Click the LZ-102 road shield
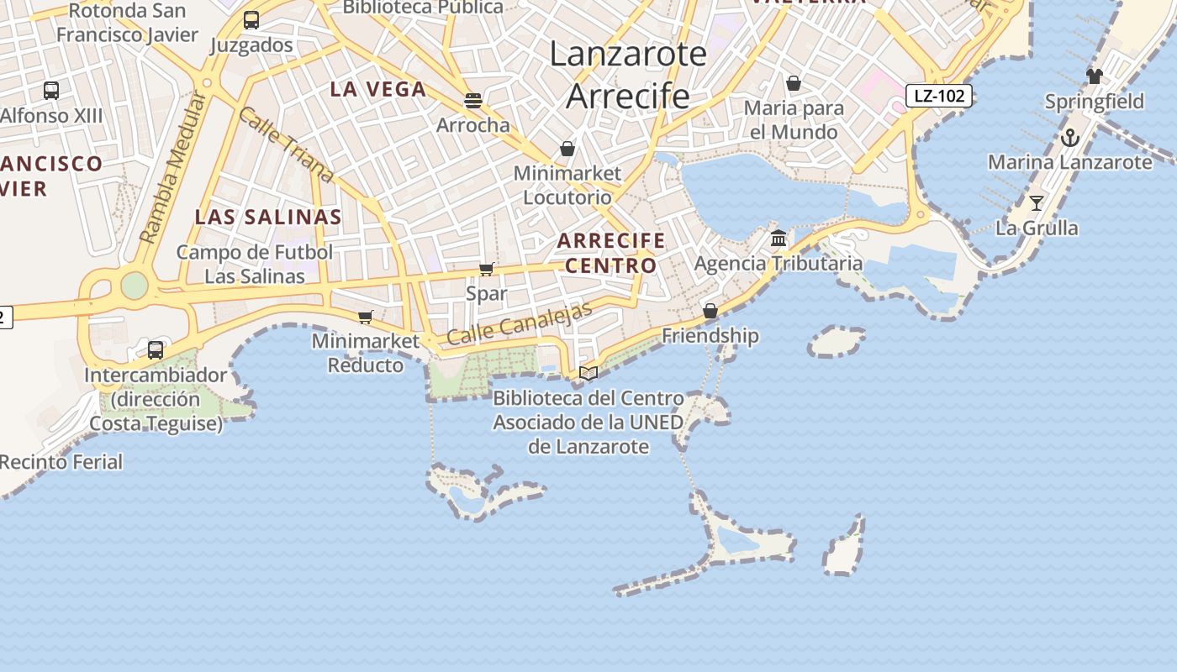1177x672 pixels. tap(939, 96)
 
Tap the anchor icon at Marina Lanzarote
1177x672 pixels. tap(1069, 137)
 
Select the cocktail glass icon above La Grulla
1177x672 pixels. tap(1037, 202)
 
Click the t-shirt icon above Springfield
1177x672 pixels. tap(1094, 76)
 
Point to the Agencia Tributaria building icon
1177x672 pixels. tap(779, 238)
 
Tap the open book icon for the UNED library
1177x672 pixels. tap(588, 373)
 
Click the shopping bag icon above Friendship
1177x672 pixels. tap(710, 311)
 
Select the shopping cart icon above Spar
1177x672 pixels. tap(486, 269)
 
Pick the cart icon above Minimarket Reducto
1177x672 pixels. tap(365, 317)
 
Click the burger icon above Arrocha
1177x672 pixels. tap(472, 101)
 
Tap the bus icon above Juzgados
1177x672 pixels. tap(251, 20)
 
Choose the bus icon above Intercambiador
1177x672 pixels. tap(156, 350)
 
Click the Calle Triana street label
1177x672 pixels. tap(286, 144)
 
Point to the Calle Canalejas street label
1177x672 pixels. tap(520, 323)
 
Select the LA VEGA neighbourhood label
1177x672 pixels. tap(378, 89)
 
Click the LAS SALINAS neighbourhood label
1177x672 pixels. tap(268, 217)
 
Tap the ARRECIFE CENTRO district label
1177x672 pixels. tap(611, 253)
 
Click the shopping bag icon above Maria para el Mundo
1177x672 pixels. tap(793, 83)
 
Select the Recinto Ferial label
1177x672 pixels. tap(61, 462)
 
